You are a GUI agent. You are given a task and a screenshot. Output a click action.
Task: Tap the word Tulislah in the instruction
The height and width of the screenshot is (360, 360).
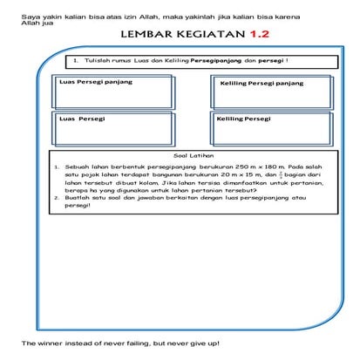tap(97, 61)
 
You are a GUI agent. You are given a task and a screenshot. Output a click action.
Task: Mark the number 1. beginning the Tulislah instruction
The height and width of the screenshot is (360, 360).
tap(78, 61)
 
